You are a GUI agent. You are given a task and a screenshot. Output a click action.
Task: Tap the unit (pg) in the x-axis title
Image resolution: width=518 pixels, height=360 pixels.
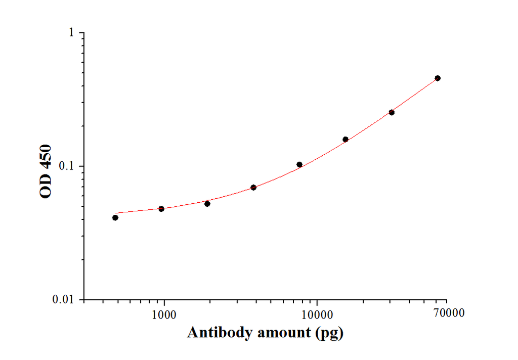(x=329, y=333)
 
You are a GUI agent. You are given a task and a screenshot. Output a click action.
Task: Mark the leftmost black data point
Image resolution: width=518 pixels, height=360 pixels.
(x=115, y=217)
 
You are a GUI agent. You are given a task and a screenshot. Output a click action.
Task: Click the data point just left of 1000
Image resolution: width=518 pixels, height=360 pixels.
(x=161, y=209)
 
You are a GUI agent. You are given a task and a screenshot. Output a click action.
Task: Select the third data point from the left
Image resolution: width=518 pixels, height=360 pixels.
(x=207, y=203)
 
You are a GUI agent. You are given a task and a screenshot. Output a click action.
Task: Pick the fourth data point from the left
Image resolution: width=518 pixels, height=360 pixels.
(x=253, y=188)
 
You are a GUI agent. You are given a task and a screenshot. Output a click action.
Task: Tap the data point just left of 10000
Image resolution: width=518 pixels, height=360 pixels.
(x=299, y=164)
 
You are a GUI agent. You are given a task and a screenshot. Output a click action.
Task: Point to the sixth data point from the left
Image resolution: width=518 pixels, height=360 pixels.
(x=346, y=139)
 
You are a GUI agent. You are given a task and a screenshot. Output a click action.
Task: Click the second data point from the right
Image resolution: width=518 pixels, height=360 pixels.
(x=392, y=112)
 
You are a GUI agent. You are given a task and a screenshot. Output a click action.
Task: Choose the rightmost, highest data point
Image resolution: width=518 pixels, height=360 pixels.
(x=438, y=78)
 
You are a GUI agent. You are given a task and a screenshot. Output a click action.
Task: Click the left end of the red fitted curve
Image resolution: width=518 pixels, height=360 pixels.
(x=116, y=213)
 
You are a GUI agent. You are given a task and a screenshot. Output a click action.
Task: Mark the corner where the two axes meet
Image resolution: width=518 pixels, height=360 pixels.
(x=84, y=300)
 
